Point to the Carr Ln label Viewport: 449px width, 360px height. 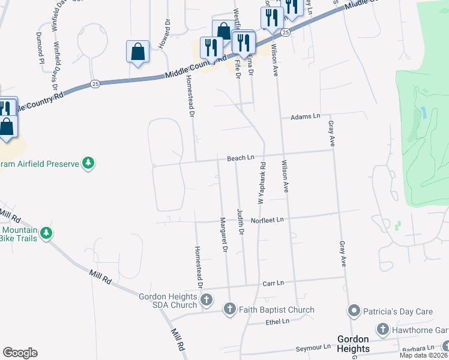[273, 283]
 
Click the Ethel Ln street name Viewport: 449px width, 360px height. [277, 322]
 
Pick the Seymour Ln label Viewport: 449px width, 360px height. [313, 347]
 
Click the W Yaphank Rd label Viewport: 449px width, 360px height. [262, 183]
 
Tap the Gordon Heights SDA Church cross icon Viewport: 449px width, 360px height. [206, 299]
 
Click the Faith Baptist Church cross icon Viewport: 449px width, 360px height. [229, 310]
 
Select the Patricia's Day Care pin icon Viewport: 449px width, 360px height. [354, 311]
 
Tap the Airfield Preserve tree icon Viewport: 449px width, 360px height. [88, 163]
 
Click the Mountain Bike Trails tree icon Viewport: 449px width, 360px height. [47, 233]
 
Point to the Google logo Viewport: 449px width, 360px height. [20, 353]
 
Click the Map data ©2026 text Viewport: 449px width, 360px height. [423, 355]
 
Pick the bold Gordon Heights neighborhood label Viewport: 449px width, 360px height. [352, 343]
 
